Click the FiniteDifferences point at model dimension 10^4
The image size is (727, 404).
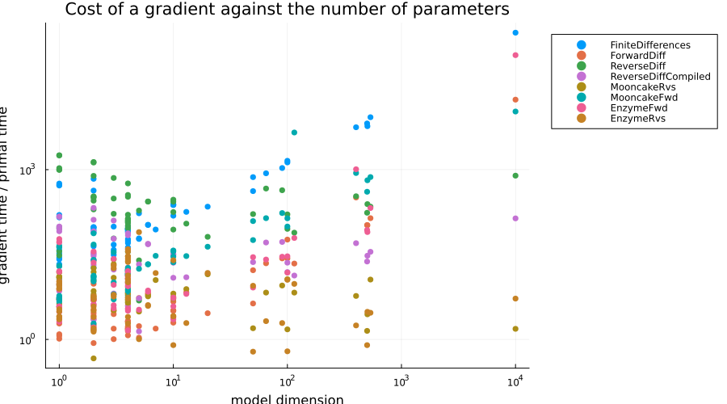click(x=515, y=32)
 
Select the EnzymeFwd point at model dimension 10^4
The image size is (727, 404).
click(x=515, y=55)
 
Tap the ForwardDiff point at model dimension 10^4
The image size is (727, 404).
click(x=515, y=99)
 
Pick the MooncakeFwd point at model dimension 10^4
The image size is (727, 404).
click(x=515, y=112)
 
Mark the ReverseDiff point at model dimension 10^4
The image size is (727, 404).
click(x=515, y=176)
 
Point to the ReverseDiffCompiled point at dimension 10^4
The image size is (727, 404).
click(x=515, y=218)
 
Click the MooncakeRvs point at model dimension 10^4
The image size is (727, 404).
click(x=515, y=329)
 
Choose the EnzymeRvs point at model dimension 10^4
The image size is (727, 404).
click(x=515, y=299)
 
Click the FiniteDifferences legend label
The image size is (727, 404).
click(x=650, y=45)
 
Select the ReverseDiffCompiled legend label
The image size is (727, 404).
click(x=660, y=77)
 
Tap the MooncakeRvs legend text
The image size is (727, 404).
click(x=643, y=87)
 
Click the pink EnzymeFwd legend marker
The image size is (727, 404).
click(x=581, y=108)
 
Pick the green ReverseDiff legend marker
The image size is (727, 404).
click(x=581, y=66)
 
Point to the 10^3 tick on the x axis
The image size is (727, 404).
click(x=401, y=368)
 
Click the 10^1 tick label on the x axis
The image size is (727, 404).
click(x=173, y=382)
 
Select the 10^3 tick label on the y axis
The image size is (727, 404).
click(x=27, y=170)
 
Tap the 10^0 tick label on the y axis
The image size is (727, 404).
click(x=27, y=340)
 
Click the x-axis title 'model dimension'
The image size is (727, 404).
click(x=287, y=399)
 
